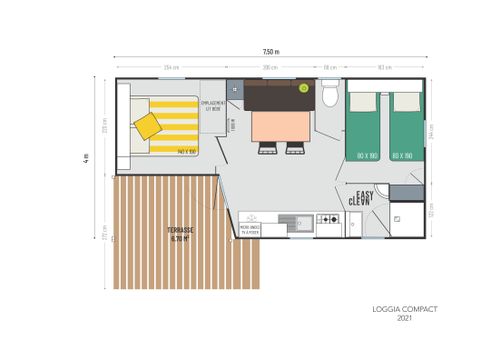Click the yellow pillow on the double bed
148,126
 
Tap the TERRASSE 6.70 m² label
180,235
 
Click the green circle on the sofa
304,88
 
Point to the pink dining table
280,126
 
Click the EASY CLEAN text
359,198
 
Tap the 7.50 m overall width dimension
271,51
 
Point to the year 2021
404,319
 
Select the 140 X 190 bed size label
187,151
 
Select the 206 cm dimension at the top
270,68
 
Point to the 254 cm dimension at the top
171,68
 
